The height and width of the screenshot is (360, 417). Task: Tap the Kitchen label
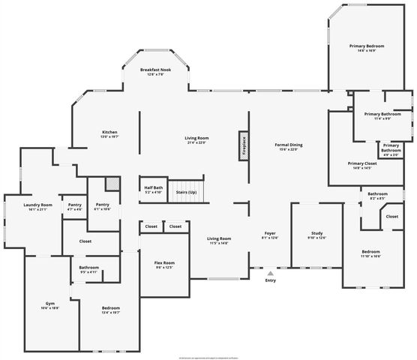tap(109, 132)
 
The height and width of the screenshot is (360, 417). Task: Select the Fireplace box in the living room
tap(244, 143)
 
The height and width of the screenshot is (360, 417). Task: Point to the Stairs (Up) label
tap(186, 192)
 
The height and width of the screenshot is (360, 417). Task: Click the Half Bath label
tap(153, 188)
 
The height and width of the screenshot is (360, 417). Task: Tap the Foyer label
tap(269, 234)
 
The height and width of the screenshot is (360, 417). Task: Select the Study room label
tap(317, 234)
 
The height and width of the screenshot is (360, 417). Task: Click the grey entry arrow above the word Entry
tap(269, 273)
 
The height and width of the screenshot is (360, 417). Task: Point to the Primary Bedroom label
tap(366, 46)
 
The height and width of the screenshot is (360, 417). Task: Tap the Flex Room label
tap(164, 262)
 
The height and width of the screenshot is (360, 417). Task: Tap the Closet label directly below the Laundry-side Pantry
tap(85, 241)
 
